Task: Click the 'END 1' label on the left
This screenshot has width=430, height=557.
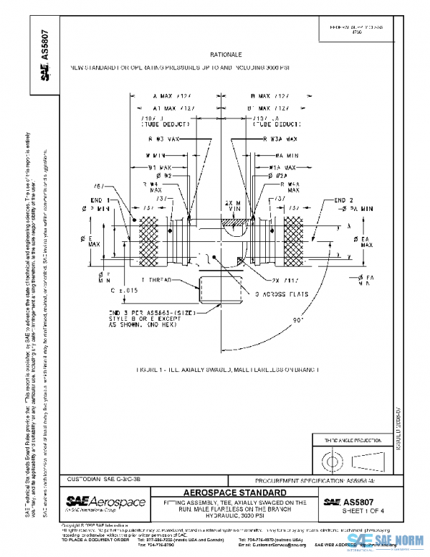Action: [x=99, y=200]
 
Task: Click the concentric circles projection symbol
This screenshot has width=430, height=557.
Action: [x=333, y=457]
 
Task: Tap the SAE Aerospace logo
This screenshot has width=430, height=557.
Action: [x=105, y=502]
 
